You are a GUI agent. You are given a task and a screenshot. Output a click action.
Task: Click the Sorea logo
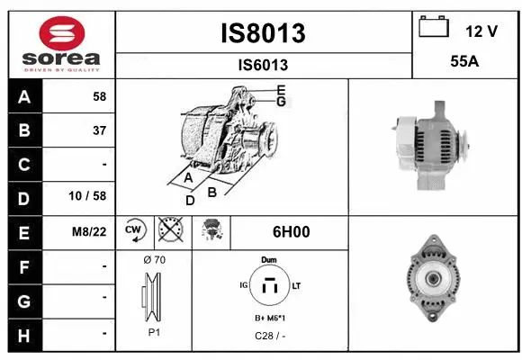tap(58, 42)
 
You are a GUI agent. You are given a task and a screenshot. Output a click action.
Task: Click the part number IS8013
tap(263, 33)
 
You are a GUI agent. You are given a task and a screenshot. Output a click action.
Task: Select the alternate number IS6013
tap(263, 65)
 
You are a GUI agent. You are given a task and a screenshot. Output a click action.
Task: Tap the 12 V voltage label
tap(481, 31)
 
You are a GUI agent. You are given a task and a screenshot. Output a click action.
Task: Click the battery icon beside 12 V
tap(434, 28)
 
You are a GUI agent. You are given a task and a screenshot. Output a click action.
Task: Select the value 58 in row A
tap(99, 96)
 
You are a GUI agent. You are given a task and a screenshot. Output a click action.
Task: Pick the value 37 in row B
tap(99, 130)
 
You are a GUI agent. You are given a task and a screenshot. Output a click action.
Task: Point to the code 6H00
tap(291, 231)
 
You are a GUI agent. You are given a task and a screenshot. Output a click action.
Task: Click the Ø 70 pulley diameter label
tap(154, 260)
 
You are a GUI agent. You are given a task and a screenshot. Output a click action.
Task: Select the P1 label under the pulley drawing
tap(154, 331)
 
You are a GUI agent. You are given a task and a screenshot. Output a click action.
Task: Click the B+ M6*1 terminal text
tap(269, 319)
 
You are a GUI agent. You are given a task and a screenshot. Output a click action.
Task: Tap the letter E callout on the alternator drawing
tap(281, 89)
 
